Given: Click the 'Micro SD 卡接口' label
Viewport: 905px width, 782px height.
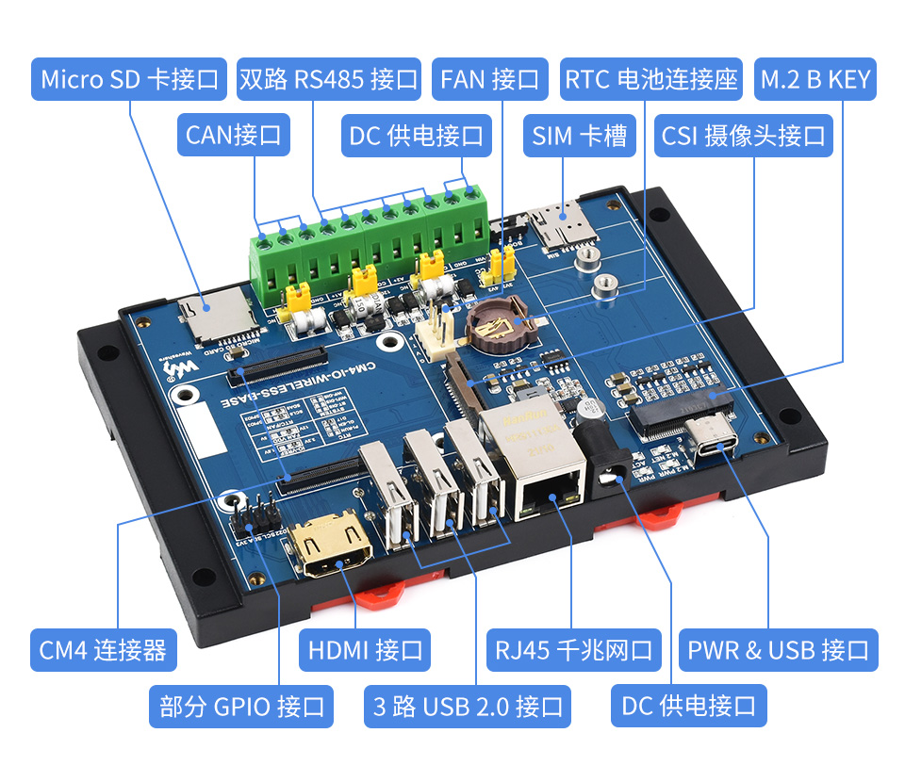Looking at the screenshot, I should (130, 79).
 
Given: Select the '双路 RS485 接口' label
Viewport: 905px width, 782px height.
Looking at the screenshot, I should (328, 79).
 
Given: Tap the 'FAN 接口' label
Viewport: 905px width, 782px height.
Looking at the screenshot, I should (490, 79).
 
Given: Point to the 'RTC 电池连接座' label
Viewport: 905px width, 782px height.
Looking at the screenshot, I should (650, 79).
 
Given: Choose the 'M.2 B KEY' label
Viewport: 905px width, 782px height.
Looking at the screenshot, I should (815, 79).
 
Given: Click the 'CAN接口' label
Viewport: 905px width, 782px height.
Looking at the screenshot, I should (233, 135).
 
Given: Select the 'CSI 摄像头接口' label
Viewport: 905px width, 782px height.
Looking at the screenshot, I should (744, 135).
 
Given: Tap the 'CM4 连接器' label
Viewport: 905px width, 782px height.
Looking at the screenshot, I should (103, 650).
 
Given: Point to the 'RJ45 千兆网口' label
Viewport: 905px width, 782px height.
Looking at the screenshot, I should (574, 650).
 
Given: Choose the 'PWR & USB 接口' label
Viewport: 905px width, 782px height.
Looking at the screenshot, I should (778, 650).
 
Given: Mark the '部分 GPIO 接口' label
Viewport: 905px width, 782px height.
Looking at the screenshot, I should (241, 706).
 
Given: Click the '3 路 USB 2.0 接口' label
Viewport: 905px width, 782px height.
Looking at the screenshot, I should (468, 706).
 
